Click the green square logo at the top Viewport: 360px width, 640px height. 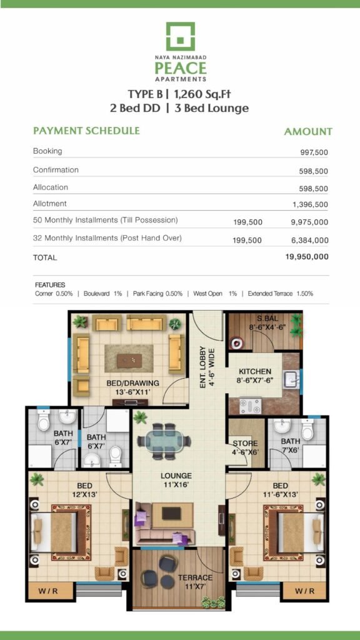[x=180, y=36]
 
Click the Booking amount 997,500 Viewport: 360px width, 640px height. [x=314, y=152]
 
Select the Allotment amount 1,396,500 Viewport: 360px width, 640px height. [x=310, y=204]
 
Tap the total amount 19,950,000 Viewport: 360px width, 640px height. [x=307, y=257]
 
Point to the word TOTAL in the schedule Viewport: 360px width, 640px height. [x=45, y=258]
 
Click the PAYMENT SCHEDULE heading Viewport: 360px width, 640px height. [x=86, y=131]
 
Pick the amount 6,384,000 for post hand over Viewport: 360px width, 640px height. [x=310, y=241]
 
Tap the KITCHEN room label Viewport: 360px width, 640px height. [x=255, y=372]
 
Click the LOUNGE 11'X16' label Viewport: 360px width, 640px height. [x=176, y=480]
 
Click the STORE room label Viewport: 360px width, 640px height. [x=245, y=443]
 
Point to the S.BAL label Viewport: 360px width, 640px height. [x=265, y=319]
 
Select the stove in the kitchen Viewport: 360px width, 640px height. [x=249, y=406]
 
